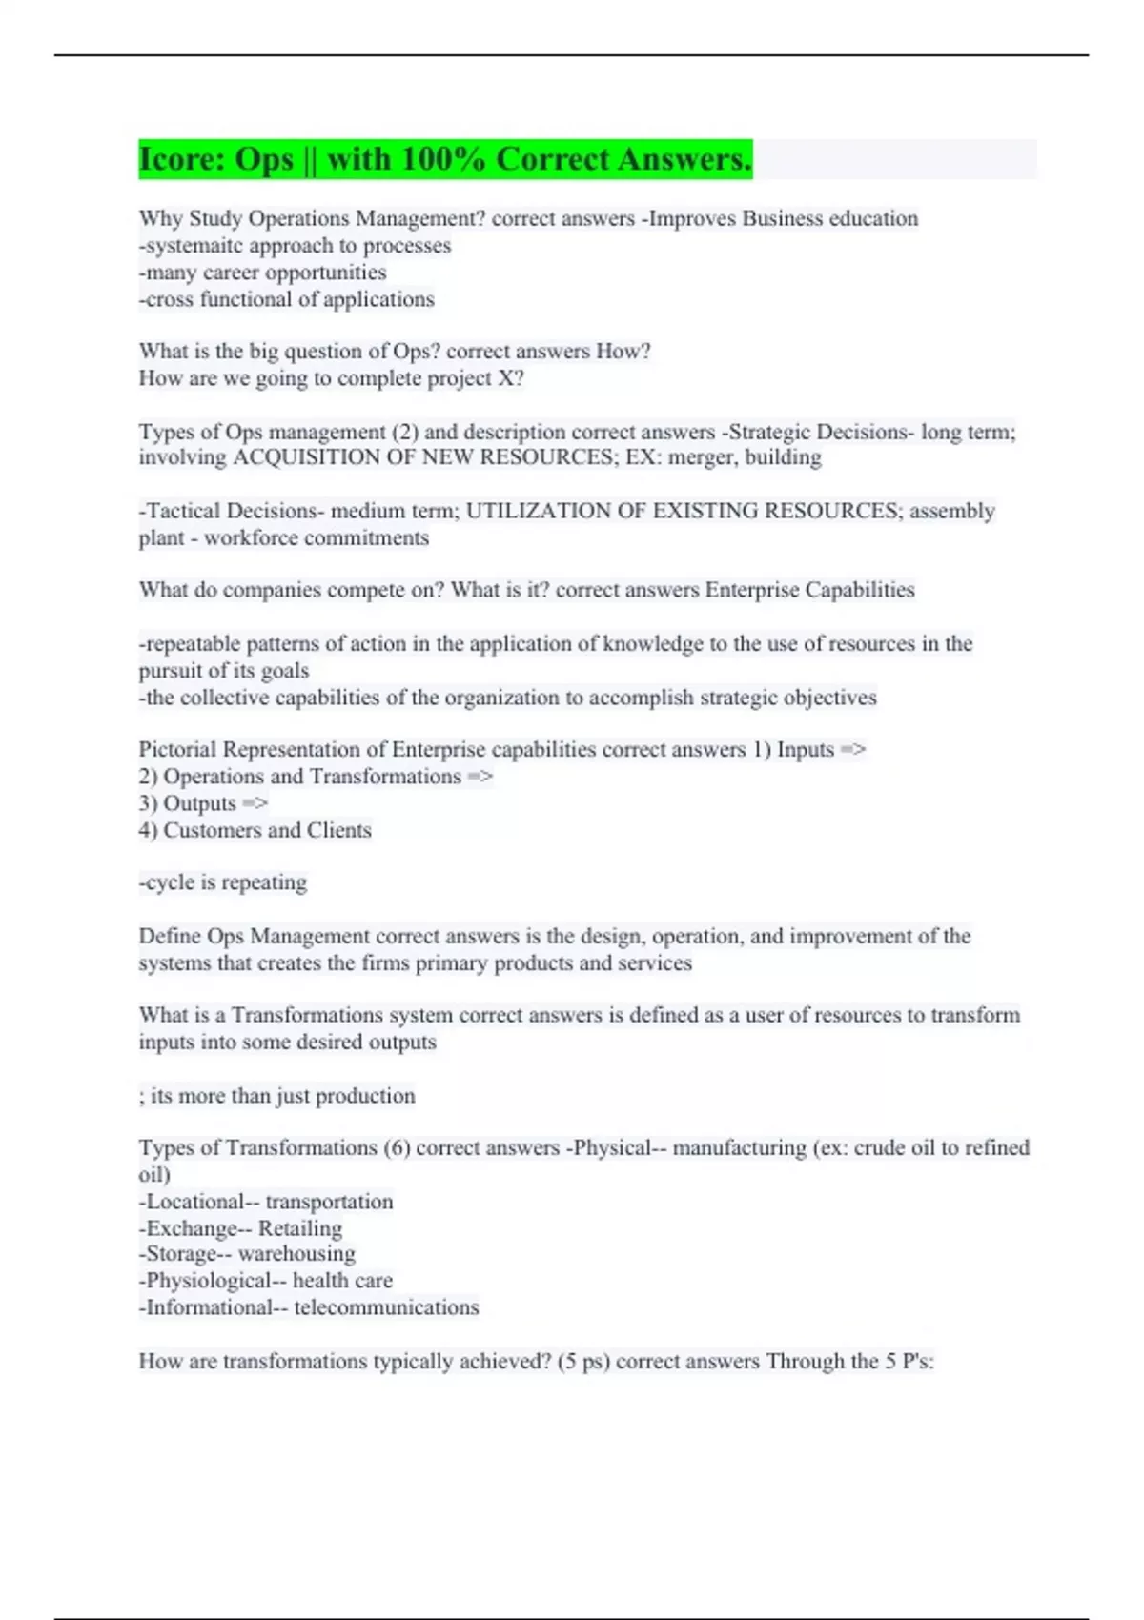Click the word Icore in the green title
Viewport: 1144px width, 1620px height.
click(x=175, y=159)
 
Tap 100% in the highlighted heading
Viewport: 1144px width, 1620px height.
click(x=442, y=159)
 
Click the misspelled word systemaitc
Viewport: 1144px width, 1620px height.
click(x=194, y=246)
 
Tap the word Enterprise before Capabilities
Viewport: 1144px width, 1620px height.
click(x=752, y=590)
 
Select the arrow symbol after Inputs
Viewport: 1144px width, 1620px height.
click(x=853, y=750)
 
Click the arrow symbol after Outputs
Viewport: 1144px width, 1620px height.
click(x=255, y=803)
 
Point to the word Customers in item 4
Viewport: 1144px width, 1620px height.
click(x=212, y=830)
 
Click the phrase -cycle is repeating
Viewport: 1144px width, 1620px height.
click(x=223, y=882)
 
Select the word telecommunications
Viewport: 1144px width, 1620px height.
click(x=386, y=1307)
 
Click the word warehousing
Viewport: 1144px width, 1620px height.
click(x=296, y=1254)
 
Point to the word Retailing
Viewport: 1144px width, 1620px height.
click(x=300, y=1228)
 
